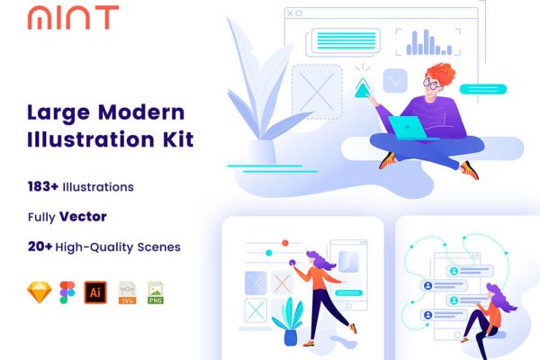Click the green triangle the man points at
(363, 87)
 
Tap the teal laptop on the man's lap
(409, 128)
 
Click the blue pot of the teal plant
(291, 337)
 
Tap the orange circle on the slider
(284, 243)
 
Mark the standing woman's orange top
(320, 280)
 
